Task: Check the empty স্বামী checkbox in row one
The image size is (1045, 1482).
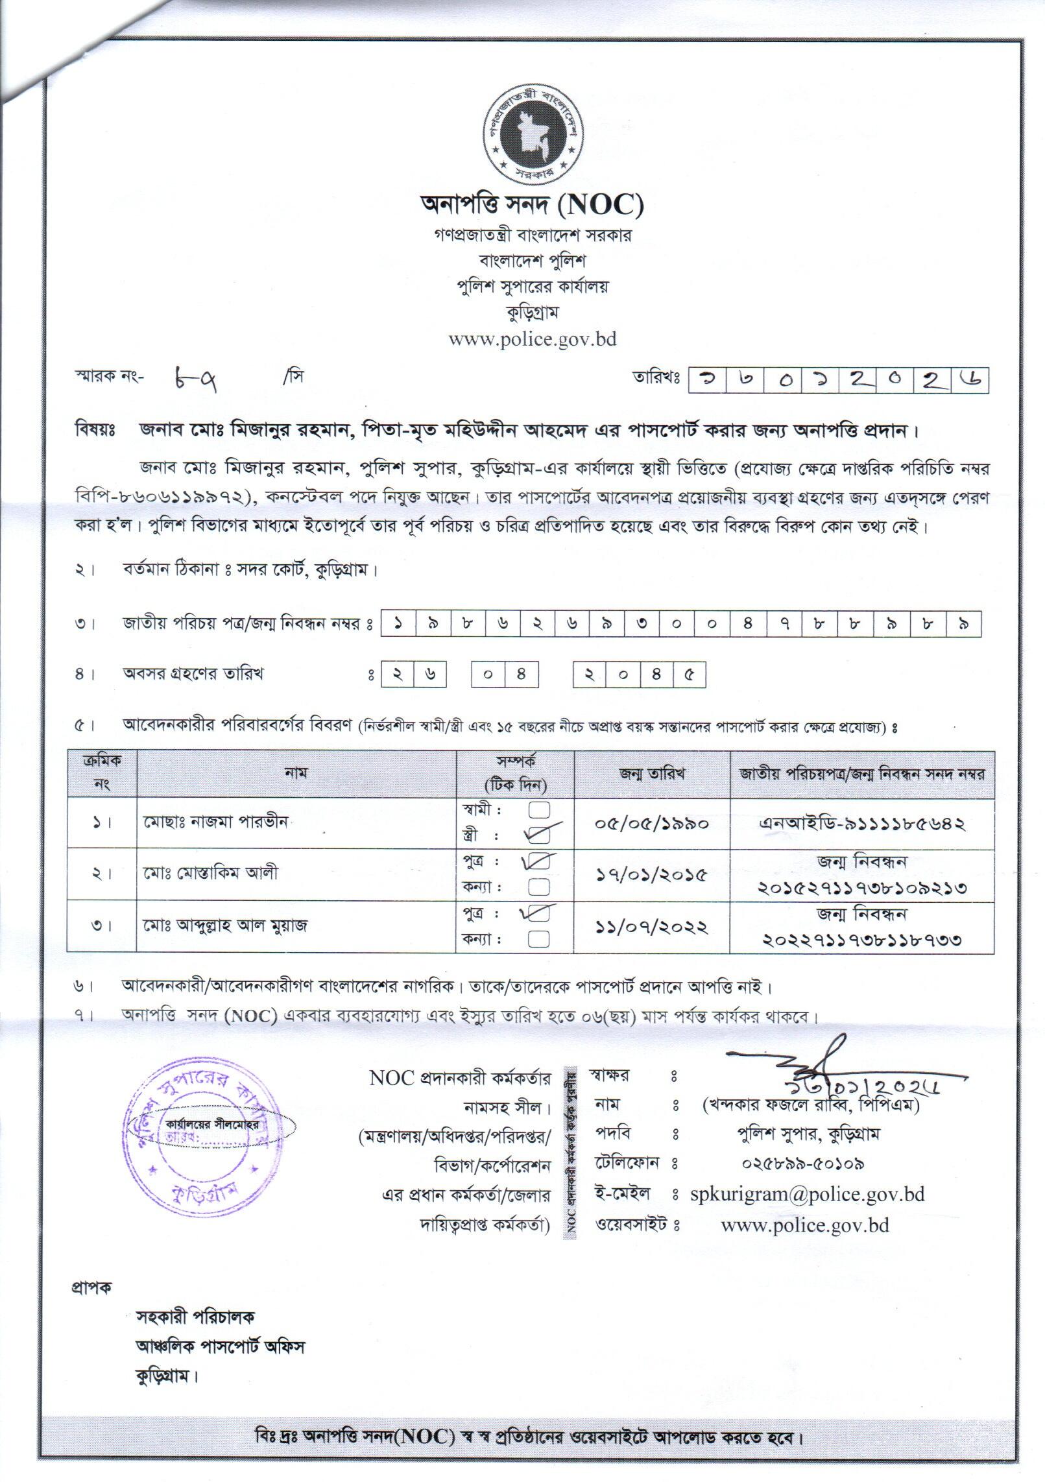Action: (540, 810)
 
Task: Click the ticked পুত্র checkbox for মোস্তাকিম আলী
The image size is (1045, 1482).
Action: (540, 863)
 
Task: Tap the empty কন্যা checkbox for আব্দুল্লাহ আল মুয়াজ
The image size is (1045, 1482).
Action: (540, 938)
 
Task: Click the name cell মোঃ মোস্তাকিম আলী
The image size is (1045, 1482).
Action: (211, 873)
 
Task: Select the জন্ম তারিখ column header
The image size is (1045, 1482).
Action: (653, 774)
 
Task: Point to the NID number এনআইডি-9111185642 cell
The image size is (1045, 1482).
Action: (863, 824)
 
